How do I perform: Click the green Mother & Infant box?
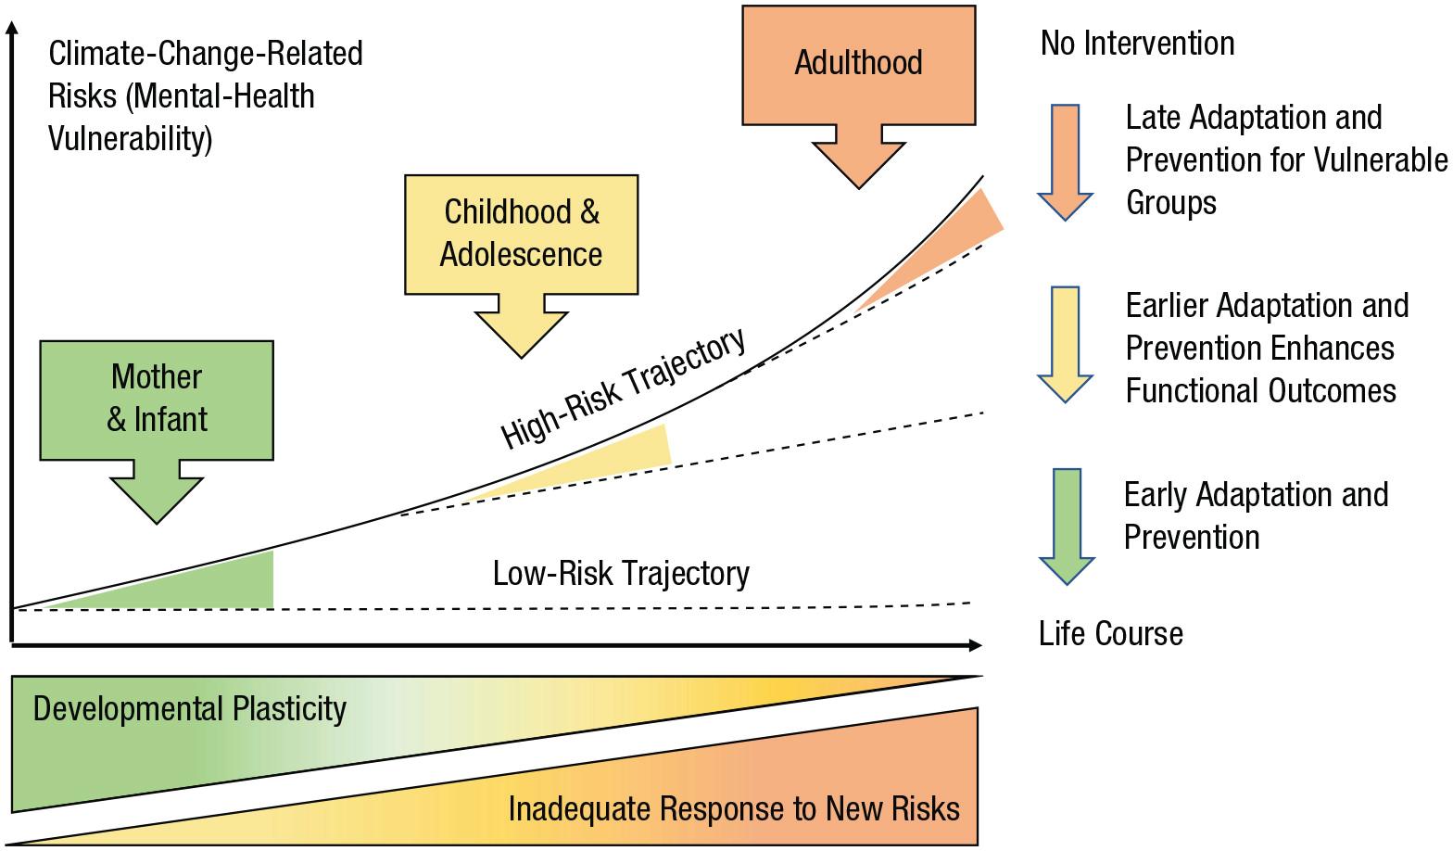click(x=157, y=400)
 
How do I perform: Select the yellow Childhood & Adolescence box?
click(x=521, y=234)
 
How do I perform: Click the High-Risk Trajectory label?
click(x=624, y=388)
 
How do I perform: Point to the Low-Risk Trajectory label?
click(x=621, y=574)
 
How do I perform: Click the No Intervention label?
click(x=1137, y=44)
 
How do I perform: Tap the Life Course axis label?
click(x=1110, y=634)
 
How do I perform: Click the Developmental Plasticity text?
click(x=190, y=709)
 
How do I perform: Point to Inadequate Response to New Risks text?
click(x=734, y=809)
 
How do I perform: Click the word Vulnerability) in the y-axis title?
click(x=130, y=139)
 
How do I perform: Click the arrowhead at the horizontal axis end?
click(x=975, y=645)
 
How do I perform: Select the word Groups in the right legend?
click(x=1170, y=203)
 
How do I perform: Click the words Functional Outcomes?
click(x=1260, y=391)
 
